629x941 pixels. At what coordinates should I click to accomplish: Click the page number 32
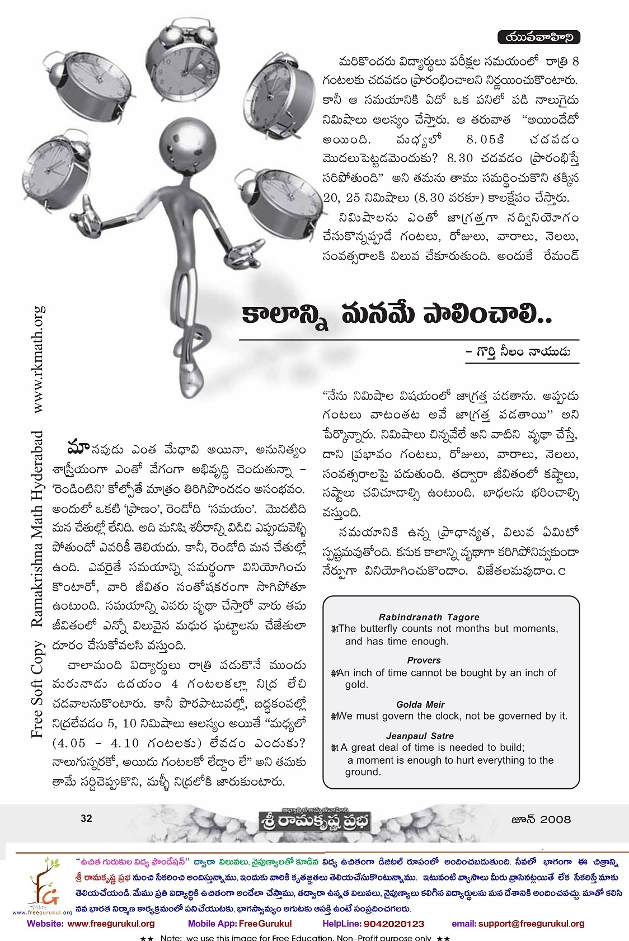pyautogui.click(x=86, y=818)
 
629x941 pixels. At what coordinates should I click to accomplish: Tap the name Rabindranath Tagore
pyautogui.click(x=429, y=617)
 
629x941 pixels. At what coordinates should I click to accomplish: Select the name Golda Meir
pyautogui.click(x=420, y=704)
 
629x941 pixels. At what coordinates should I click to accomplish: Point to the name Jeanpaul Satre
pyautogui.click(x=419, y=736)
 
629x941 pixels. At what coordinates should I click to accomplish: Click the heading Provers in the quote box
pyautogui.click(x=424, y=660)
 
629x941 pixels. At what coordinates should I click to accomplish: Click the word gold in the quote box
pyautogui.click(x=356, y=684)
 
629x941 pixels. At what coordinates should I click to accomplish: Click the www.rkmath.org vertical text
pyautogui.click(x=38, y=359)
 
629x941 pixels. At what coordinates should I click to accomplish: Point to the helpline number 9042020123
pyautogui.click(x=394, y=924)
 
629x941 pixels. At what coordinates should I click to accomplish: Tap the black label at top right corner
pyautogui.click(x=539, y=37)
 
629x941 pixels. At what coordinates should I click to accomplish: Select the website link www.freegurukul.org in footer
pyautogui.click(x=111, y=924)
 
